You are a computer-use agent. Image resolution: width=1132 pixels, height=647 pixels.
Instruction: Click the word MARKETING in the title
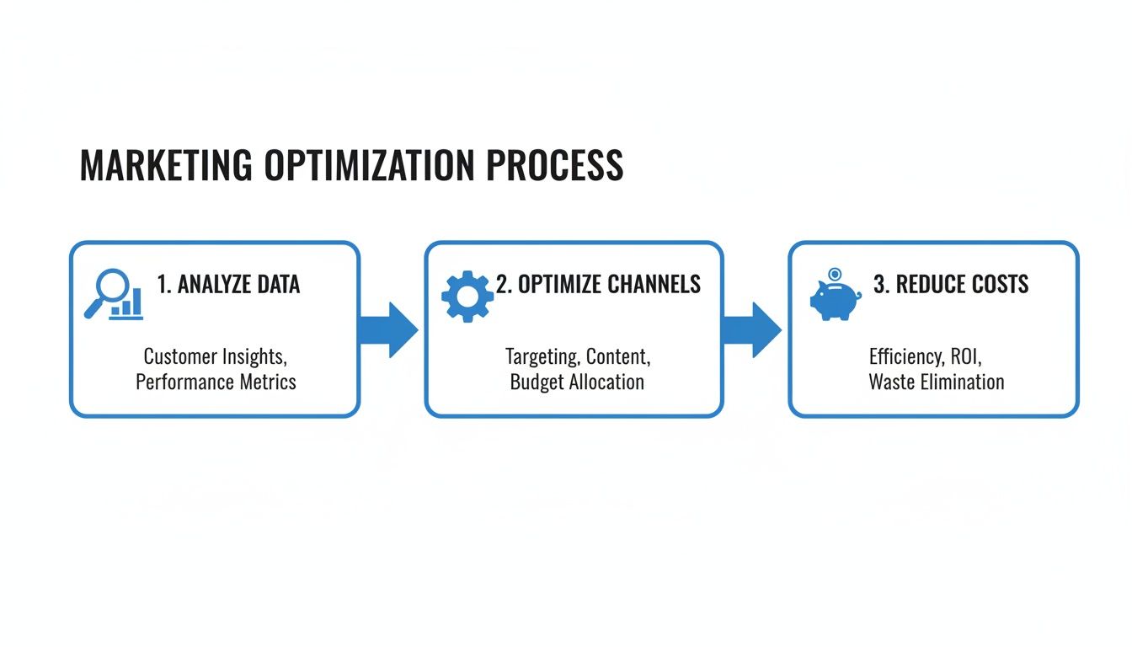[x=165, y=166]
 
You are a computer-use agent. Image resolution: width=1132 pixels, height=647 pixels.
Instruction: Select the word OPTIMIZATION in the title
[x=370, y=166]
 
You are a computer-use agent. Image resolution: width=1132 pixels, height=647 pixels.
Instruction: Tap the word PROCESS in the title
[x=555, y=166]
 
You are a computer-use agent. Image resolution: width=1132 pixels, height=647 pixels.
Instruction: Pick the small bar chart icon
[x=127, y=304]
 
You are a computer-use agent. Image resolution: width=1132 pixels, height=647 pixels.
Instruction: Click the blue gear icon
[x=467, y=297]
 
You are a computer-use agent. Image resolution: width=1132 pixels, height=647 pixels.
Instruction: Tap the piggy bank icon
[x=833, y=300]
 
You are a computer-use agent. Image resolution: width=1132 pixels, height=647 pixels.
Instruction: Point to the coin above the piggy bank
[x=835, y=274]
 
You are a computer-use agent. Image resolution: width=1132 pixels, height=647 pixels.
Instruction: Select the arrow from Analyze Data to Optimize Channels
[x=388, y=329]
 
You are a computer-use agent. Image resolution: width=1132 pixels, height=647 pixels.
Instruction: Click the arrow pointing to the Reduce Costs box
[x=751, y=329]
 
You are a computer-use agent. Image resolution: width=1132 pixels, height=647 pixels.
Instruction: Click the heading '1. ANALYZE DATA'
[x=228, y=285]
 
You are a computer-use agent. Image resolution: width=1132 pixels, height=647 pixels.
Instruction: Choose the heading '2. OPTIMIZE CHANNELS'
[x=598, y=285]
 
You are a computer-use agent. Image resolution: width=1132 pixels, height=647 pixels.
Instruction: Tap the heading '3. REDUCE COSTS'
[x=951, y=285]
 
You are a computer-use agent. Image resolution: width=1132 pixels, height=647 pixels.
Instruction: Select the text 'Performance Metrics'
[x=216, y=382]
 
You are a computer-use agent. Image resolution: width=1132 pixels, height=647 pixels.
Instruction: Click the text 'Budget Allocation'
[x=577, y=382]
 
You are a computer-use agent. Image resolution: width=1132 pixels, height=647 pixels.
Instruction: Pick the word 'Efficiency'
[x=905, y=356]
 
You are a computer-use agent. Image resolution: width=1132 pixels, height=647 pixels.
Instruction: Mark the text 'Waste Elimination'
[x=937, y=382]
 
